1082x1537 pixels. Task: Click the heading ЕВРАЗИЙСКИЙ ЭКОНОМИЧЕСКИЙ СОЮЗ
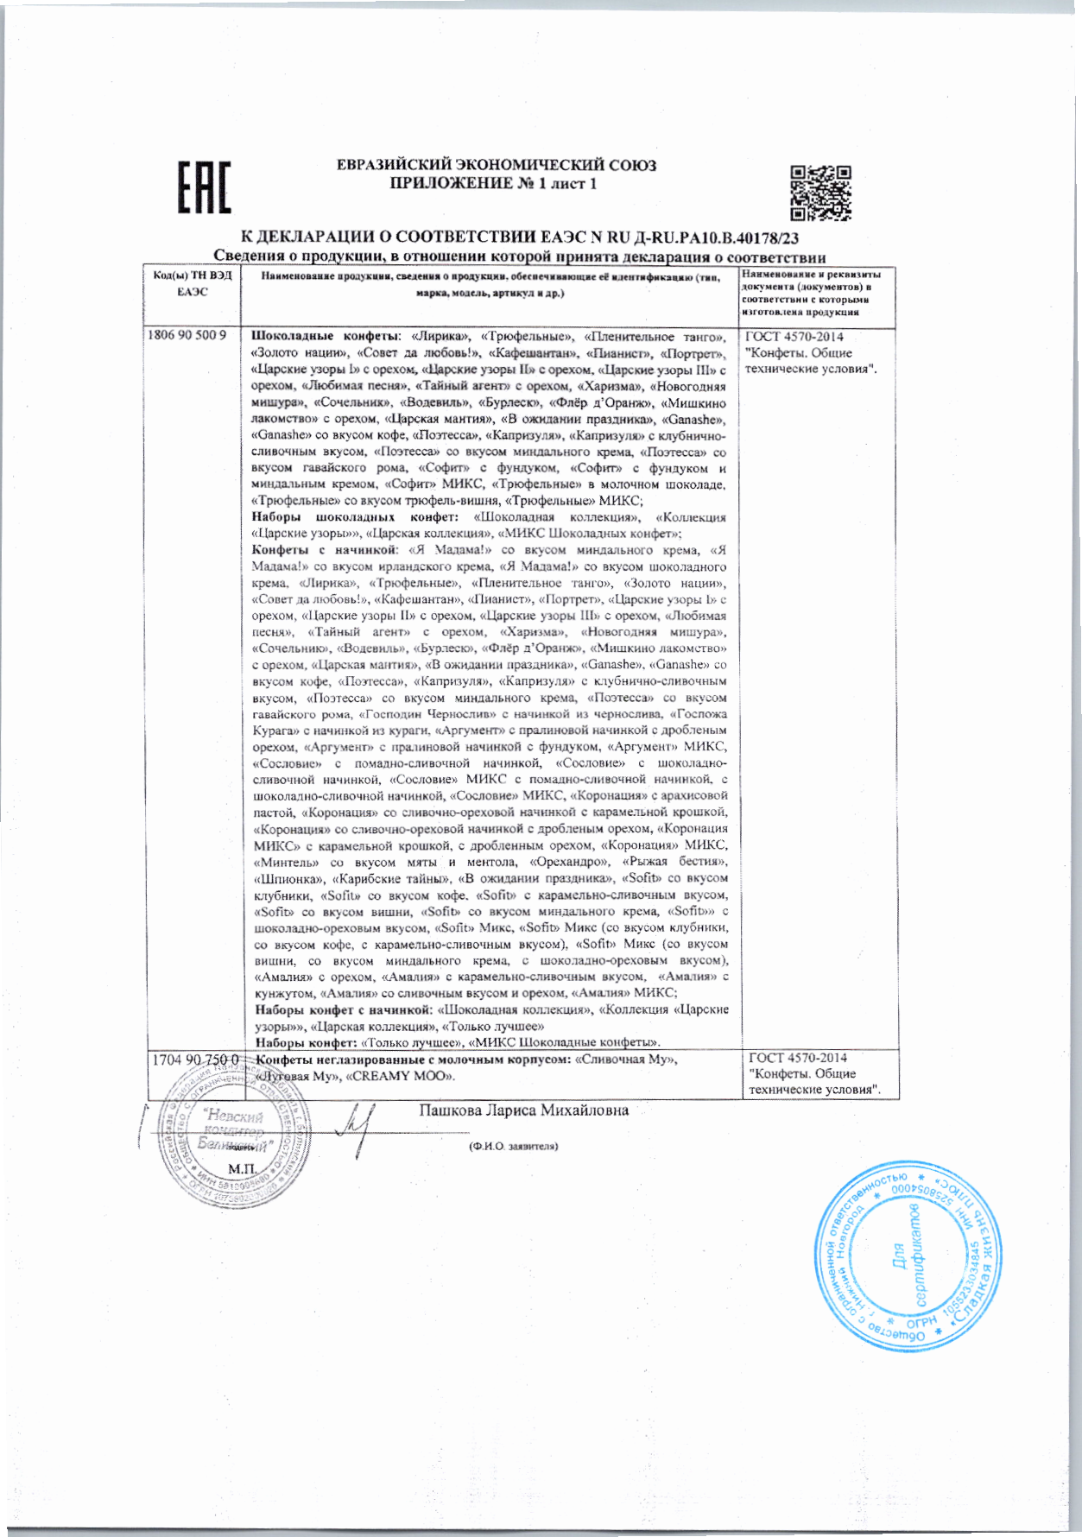coord(496,165)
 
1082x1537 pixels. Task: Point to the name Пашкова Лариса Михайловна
coord(523,1110)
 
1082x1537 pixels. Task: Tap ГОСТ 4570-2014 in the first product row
coord(795,337)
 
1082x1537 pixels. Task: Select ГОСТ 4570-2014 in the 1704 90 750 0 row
coord(797,1058)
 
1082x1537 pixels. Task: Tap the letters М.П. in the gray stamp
coord(239,1169)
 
